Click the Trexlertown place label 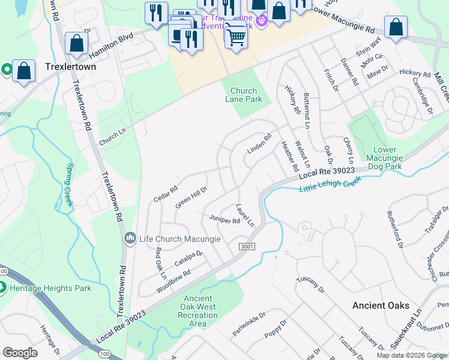tap(70, 67)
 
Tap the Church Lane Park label tap(243, 95)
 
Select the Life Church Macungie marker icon tap(130, 239)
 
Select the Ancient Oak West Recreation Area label tap(197, 311)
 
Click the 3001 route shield tap(246, 247)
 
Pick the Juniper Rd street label tap(224, 220)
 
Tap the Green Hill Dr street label tap(191, 197)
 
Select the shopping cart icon tap(236, 38)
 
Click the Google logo tap(20, 353)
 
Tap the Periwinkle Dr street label tap(249, 323)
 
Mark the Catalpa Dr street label tap(188, 258)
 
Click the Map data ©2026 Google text tap(411, 355)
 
